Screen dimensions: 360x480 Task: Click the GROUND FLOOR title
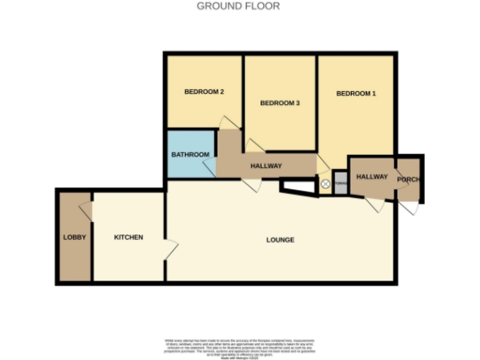pyautogui.click(x=237, y=6)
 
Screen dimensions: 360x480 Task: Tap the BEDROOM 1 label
pyautogui.click(x=356, y=94)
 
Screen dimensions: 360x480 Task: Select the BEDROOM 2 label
pyautogui.click(x=203, y=92)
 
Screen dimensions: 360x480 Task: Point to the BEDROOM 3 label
pyautogui.click(x=279, y=102)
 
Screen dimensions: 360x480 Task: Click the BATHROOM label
pyautogui.click(x=189, y=155)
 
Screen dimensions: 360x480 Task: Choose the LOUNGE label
pyautogui.click(x=279, y=240)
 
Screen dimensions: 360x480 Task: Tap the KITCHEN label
pyautogui.click(x=128, y=237)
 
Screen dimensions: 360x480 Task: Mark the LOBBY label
pyautogui.click(x=74, y=237)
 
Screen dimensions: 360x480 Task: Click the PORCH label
pyautogui.click(x=408, y=178)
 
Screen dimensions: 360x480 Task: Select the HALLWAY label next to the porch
pyautogui.click(x=371, y=176)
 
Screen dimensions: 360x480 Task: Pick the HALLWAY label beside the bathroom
pyautogui.click(x=266, y=166)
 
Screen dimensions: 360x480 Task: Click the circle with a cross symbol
pyautogui.click(x=325, y=185)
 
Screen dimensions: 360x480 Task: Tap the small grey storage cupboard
pyautogui.click(x=340, y=184)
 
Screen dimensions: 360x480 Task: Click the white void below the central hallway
pyautogui.click(x=298, y=187)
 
